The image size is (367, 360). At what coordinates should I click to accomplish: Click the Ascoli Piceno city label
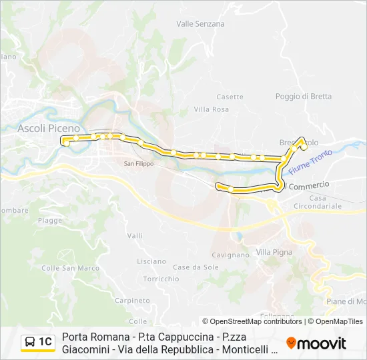click(49, 128)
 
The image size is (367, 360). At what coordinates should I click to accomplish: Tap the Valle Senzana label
click(200, 23)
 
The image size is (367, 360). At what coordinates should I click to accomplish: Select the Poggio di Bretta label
click(303, 96)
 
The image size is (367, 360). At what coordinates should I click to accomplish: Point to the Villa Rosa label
click(211, 109)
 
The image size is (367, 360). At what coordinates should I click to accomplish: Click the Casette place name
click(230, 97)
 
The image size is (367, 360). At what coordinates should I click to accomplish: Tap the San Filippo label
click(139, 163)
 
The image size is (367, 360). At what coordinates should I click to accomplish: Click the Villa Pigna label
click(274, 253)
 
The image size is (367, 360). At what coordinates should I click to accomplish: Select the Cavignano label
click(230, 255)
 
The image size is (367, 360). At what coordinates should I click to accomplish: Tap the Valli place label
click(135, 235)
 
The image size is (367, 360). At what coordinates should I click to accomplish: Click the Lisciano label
click(151, 261)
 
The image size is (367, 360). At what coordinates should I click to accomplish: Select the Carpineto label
click(131, 301)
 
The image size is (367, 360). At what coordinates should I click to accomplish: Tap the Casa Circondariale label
click(326, 202)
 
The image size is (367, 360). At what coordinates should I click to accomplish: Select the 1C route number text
click(45, 343)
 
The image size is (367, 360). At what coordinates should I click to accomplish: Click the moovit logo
click(316, 343)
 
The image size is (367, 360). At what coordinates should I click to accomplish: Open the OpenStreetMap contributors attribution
click(256, 321)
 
